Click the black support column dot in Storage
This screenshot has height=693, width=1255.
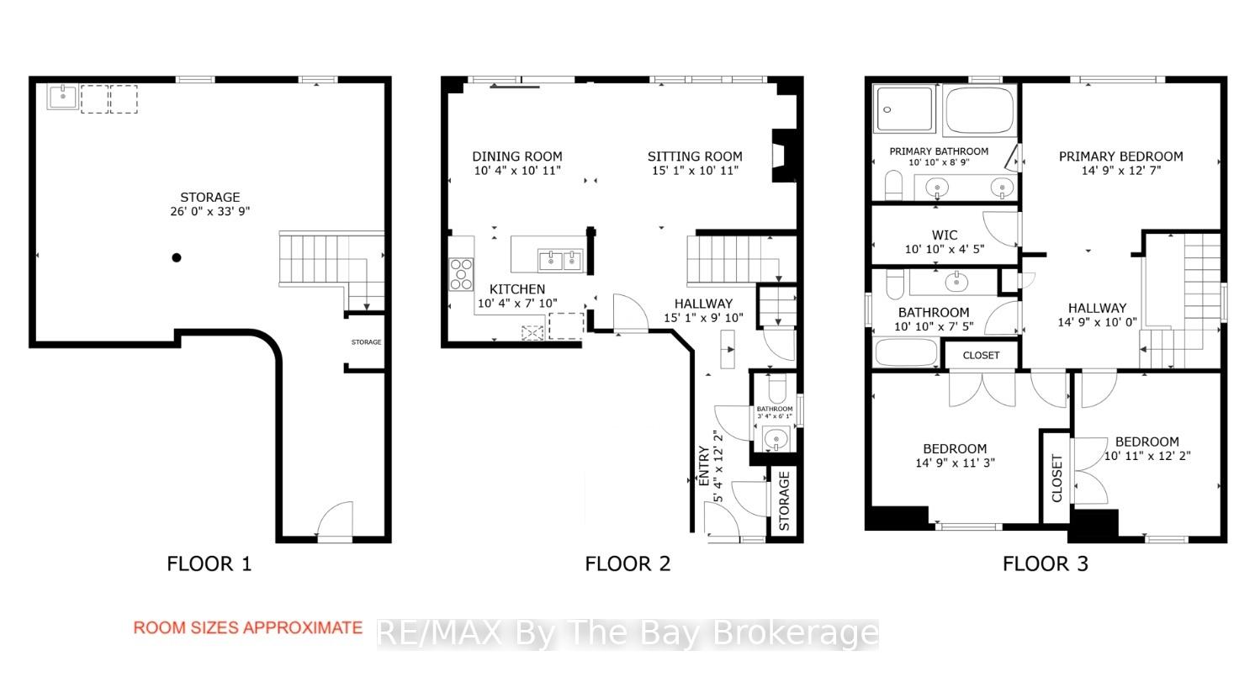point(177,257)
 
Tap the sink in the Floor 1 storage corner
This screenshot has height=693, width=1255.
point(63,97)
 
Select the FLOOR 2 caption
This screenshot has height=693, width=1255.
point(627,563)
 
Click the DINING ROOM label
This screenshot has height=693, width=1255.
point(517,156)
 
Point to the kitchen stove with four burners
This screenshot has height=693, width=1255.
point(461,274)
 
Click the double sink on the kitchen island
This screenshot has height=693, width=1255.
point(560,261)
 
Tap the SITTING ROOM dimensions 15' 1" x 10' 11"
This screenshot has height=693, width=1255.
point(695,171)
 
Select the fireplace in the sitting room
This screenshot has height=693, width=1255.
point(784,156)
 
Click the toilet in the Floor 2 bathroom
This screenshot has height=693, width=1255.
point(777,387)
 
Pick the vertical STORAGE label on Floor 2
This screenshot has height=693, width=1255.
point(784,501)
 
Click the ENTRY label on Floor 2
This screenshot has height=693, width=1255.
point(704,466)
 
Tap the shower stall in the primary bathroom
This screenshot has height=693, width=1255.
point(903,108)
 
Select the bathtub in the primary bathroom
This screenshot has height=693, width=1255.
point(979,110)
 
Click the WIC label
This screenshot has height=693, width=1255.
point(945,235)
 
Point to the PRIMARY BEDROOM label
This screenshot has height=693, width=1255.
point(1120,156)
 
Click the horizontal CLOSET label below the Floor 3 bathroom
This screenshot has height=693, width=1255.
point(981,355)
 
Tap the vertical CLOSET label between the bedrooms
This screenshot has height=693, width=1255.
point(1056,479)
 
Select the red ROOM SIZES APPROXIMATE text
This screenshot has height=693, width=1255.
point(247,628)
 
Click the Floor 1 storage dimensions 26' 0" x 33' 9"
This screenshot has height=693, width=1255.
point(210,211)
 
